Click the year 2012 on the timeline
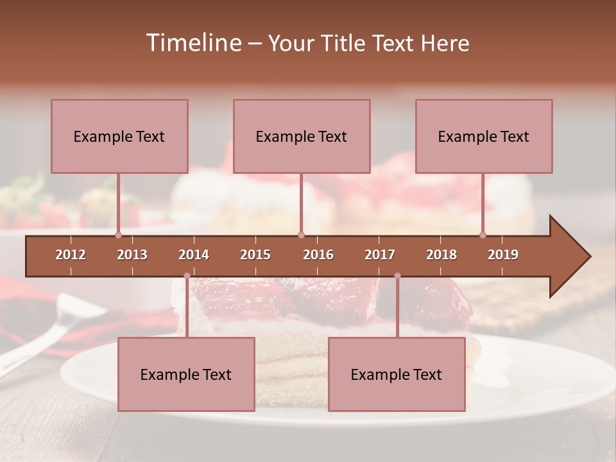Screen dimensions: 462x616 point(71,255)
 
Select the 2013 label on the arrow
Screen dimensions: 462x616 point(132,255)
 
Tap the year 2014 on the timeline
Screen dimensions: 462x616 point(194,255)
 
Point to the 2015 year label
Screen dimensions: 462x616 point(255,255)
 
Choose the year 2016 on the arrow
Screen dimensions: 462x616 point(318,255)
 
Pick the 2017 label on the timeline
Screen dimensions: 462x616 point(380,255)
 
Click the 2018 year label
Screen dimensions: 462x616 point(441,255)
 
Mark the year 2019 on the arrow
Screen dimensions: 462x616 point(503,255)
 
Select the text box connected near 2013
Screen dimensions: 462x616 point(119,136)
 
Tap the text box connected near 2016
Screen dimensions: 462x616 point(302,136)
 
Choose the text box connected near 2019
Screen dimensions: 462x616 point(484,136)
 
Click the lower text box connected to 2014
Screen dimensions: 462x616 point(186,374)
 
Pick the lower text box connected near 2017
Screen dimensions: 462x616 point(397,374)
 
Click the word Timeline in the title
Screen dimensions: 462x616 point(193,43)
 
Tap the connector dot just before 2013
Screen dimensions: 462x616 point(118,235)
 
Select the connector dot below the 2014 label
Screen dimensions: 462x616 point(187,276)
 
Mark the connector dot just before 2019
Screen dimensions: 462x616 point(483,235)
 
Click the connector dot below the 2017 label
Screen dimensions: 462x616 point(397,276)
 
